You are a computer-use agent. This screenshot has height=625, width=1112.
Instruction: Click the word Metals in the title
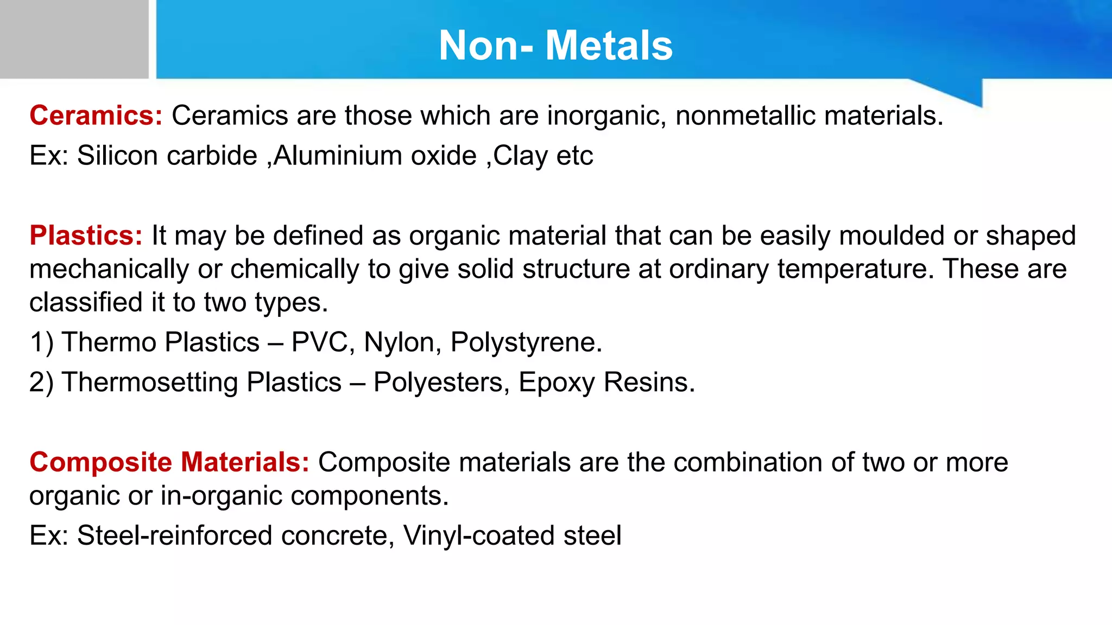[x=609, y=46]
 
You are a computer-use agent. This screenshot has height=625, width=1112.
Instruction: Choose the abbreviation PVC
[x=319, y=342]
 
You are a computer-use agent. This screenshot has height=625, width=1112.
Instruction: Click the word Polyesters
[x=441, y=382]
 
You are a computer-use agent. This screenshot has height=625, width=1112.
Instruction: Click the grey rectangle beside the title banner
[x=74, y=39]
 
